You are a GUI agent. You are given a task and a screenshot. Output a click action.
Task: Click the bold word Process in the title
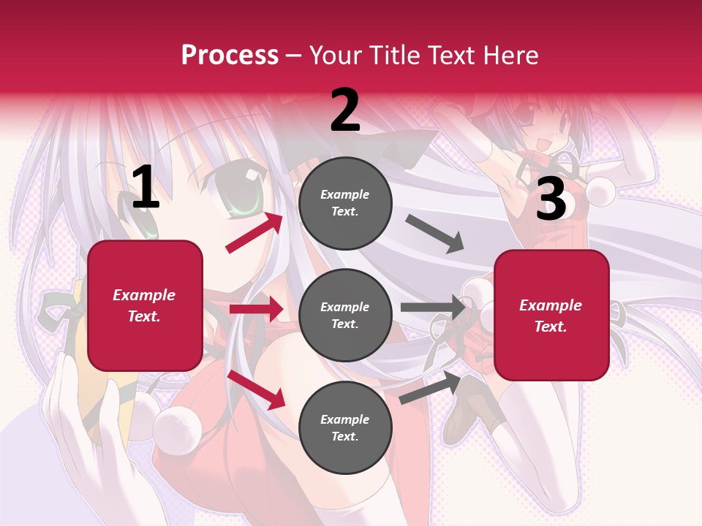point(230,55)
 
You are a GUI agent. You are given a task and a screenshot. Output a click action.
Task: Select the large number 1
point(146,188)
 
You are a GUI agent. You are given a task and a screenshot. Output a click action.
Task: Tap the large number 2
point(345,110)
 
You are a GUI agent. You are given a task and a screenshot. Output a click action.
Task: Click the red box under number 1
point(145,305)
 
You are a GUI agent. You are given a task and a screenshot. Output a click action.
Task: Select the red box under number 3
point(551,315)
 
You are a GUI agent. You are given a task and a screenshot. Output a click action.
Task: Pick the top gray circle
point(345,203)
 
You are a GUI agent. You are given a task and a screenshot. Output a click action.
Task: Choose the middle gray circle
point(345,315)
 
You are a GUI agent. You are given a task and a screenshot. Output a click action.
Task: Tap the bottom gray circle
point(345,427)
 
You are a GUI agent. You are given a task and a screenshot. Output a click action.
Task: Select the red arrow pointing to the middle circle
point(256,309)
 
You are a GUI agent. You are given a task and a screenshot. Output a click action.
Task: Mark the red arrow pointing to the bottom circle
point(256,389)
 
